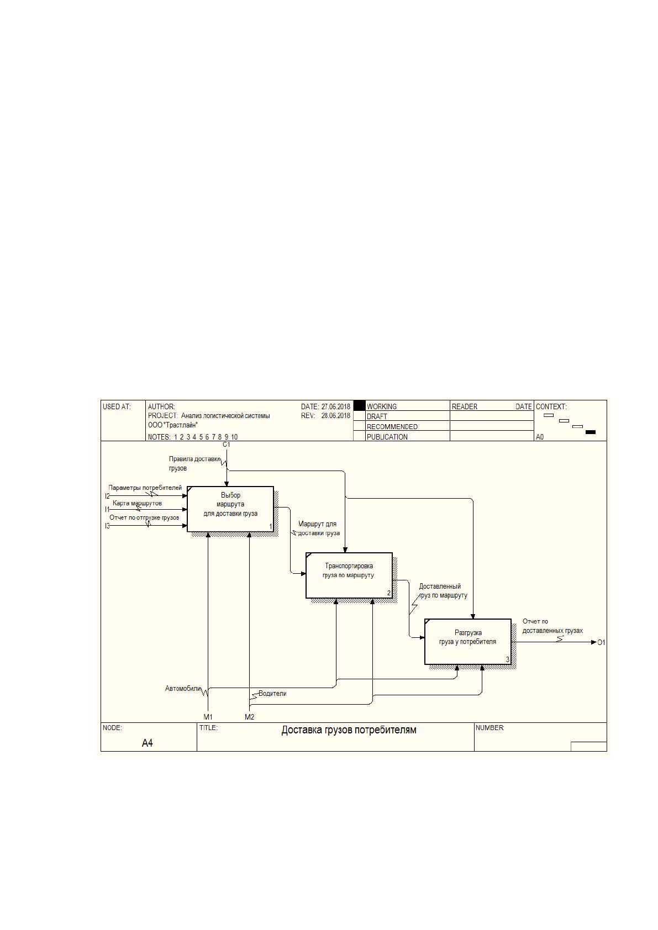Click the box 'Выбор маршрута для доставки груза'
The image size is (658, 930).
(230, 509)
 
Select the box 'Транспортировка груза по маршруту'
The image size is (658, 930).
(349, 575)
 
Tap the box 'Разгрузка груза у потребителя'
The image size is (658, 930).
(468, 642)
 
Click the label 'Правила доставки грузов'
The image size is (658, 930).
(194, 463)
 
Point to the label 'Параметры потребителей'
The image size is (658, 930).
(145, 488)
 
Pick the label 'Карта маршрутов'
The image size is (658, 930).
(137, 503)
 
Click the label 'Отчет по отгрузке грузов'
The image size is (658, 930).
(144, 517)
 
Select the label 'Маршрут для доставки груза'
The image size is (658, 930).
(319, 528)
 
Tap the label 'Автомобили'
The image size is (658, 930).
(183, 688)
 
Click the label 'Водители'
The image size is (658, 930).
(272, 693)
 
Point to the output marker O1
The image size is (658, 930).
(601, 642)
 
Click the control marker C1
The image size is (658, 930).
(226, 444)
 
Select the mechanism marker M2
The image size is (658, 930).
(249, 717)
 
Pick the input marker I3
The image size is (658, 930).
(107, 526)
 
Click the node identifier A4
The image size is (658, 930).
(147, 743)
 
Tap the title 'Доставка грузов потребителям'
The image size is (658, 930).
(349, 730)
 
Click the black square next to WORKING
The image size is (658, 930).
(359, 405)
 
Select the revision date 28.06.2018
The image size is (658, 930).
(336, 415)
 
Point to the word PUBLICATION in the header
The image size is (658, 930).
(387, 437)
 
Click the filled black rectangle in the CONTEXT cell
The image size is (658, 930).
(590, 432)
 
